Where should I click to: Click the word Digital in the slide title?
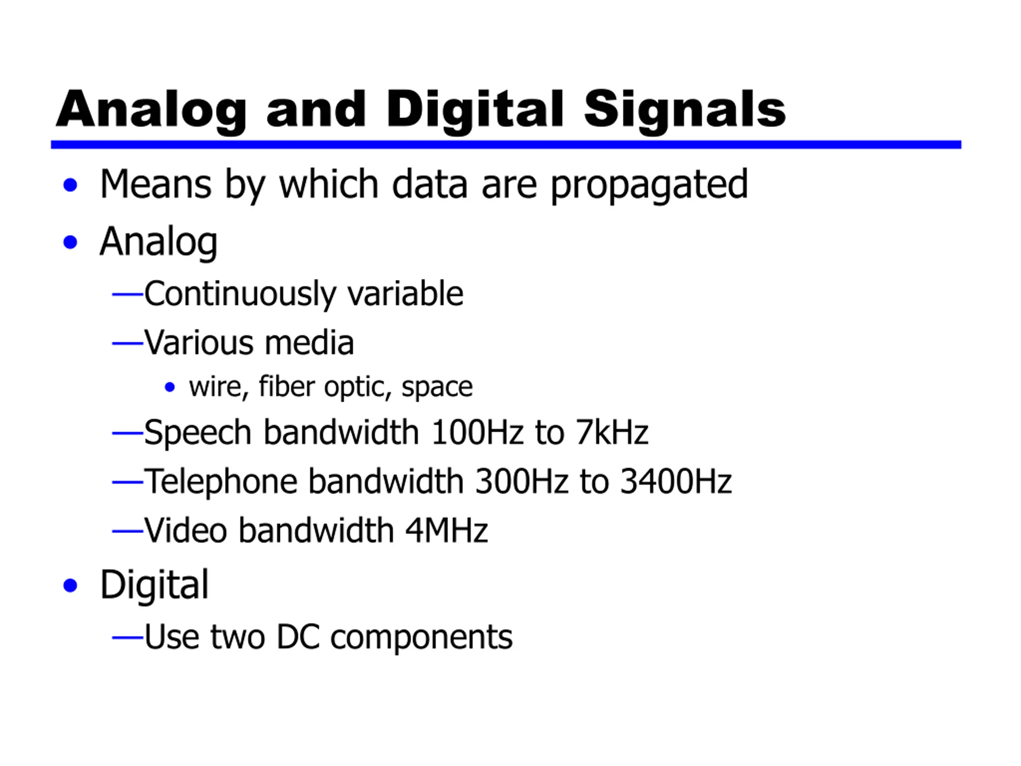click(475, 111)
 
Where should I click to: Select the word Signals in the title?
click(684, 111)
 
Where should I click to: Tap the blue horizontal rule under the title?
click(506, 144)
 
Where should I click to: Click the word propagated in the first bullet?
click(649, 185)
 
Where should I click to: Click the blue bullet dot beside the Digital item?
click(70, 585)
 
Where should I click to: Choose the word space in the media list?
click(437, 387)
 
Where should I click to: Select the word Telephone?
click(221, 482)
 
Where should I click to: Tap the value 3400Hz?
click(676, 481)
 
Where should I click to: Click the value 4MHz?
click(446, 530)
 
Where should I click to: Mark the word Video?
click(185, 530)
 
